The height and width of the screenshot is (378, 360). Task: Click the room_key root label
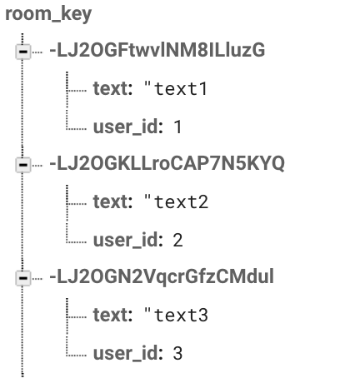pos(48,14)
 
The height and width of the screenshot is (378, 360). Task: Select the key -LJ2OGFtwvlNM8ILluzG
pos(157,50)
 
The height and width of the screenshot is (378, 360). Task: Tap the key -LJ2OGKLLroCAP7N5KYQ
pos(167,163)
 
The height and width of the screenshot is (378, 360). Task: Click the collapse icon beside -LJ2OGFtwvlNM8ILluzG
pos(23,52)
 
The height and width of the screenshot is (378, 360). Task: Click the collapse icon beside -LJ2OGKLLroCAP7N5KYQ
pos(23,164)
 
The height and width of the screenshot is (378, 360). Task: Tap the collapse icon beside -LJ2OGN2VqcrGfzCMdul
pos(23,277)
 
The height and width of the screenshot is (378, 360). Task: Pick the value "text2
pos(176,201)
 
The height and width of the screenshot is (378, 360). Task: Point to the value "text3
pos(176,314)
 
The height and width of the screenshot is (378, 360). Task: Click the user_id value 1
pos(177,127)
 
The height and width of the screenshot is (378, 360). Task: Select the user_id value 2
pos(177,240)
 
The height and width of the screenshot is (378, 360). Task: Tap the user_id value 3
pos(177,353)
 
